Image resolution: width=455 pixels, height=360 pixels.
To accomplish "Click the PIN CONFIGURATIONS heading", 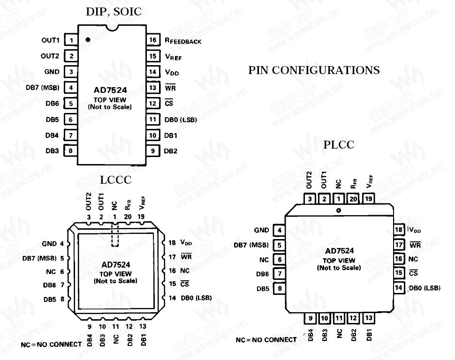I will click(314, 70).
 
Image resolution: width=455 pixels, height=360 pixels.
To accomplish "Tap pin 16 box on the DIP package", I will click(152, 40).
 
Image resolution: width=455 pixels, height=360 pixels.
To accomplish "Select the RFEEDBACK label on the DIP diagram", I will click(183, 41).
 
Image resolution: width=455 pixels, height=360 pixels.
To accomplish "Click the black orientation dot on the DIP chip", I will click(88, 39).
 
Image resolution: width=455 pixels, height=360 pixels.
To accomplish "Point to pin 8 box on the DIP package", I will click(70, 151).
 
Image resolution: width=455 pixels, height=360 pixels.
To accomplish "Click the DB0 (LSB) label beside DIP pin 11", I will click(180, 120).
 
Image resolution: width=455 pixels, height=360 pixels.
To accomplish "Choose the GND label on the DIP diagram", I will click(52, 72).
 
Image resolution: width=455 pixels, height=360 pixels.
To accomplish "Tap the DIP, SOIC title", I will click(114, 12).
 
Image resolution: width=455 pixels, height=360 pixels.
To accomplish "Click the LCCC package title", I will click(116, 180).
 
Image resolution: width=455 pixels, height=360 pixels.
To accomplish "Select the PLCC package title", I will click(339, 145).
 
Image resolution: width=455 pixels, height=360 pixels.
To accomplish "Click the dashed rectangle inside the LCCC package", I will click(115, 234).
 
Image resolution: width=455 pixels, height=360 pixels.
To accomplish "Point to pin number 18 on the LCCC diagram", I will click(172, 243).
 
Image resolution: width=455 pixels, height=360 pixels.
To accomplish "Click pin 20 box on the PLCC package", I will click(353, 199).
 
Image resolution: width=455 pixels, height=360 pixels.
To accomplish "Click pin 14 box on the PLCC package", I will click(399, 287).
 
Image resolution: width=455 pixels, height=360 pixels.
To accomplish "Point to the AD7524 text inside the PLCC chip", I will click(339, 251).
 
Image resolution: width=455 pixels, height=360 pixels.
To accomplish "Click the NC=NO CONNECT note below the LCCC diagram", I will click(52, 345).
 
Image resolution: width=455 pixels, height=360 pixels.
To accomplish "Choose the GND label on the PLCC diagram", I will click(261, 230).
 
